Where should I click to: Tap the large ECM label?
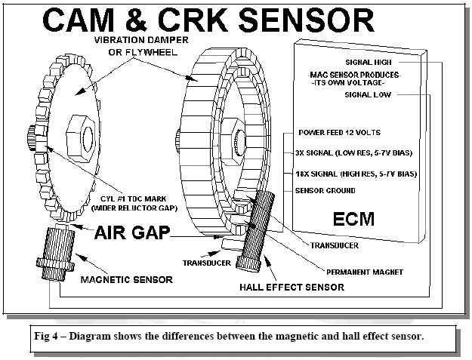click(x=354, y=220)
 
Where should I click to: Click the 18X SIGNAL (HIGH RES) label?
click(x=356, y=174)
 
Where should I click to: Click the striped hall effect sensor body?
click(x=256, y=227)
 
